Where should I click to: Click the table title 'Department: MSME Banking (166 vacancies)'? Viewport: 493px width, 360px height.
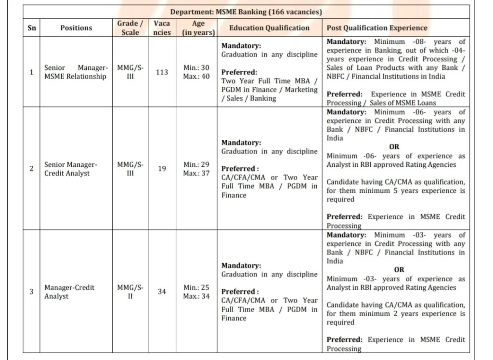pos(246,12)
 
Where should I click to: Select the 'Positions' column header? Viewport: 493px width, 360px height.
pos(76,28)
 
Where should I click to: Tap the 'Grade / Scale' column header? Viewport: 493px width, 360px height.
pos(130,28)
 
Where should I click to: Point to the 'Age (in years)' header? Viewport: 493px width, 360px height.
pos(198,28)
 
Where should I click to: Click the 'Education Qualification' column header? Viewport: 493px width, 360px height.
pos(269,28)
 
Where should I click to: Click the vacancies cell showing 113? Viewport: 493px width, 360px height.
pos(162,72)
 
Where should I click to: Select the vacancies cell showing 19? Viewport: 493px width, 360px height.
pos(162,169)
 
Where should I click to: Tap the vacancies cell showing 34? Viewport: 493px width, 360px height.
pos(162,292)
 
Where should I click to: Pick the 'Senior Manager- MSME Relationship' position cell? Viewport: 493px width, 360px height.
pos(76,72)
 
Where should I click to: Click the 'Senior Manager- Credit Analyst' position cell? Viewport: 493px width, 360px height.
pos(71,169)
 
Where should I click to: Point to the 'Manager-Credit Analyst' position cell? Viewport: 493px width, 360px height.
pos(69,292)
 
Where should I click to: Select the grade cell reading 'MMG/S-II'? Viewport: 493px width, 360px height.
pos(130,292)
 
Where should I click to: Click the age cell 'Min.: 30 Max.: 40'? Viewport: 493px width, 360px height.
pos(196,72)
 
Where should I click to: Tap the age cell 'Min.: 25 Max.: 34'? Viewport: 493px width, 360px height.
pos(196,292)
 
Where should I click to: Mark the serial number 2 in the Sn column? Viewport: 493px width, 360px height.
pos(31,169)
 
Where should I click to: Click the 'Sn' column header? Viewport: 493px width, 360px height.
pos(31,28)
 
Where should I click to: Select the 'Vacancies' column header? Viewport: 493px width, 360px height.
pos(162,28)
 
